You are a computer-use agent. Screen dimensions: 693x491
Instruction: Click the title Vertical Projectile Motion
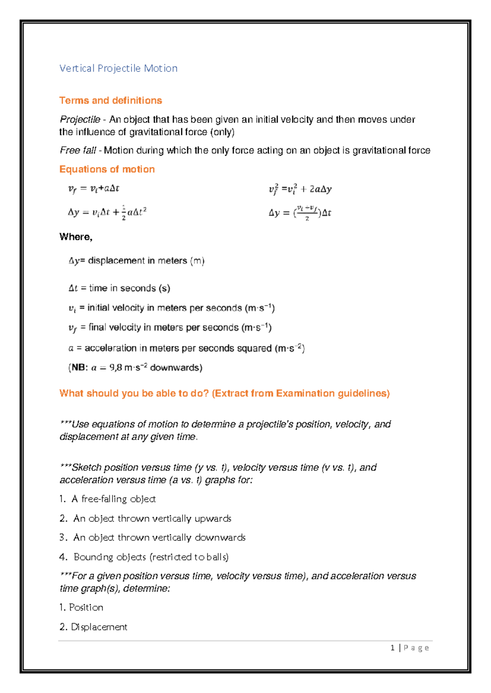(118, 68)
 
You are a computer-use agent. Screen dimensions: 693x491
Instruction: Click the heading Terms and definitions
(110, 101)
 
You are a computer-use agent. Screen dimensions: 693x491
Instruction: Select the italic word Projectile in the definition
(80, 120)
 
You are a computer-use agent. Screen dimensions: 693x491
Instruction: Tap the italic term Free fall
(78, 150)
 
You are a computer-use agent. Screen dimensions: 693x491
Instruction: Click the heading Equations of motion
(107, 169)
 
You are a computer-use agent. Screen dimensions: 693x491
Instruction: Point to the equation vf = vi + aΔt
(93, 189)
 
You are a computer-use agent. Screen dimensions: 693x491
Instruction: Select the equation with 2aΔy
(300, 189)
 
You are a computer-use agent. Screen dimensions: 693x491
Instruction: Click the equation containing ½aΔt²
(107, 212)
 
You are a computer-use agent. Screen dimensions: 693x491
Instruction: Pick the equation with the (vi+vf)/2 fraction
(300, 212)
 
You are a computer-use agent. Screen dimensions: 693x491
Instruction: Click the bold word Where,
(76, 237)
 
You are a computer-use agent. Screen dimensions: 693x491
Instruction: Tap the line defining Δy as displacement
(136, 261)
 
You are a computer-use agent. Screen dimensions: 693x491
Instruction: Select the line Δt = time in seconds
(119, 288)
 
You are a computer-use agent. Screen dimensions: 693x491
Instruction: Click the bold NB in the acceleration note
(79, 368)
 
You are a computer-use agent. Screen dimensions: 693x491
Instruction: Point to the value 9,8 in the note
(115, 368)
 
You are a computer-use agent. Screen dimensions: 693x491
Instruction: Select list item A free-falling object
(114, 499)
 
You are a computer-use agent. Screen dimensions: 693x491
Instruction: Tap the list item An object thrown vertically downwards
(159, 537)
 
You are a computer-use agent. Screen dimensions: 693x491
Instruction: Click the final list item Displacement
(99, 627)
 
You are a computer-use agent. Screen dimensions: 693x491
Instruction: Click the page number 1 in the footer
(392, 648)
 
